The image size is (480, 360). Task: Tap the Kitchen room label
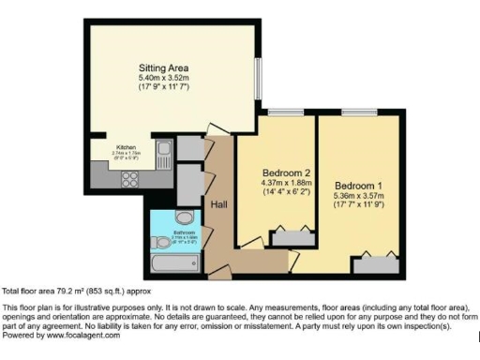coord(126,147)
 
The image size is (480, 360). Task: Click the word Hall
coord(219,203)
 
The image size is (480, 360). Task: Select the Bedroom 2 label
coord(286,172)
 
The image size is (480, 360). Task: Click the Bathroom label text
coord(184,232)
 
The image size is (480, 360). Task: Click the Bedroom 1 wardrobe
coord(379,262)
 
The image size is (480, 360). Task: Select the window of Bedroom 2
coord(278,112)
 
